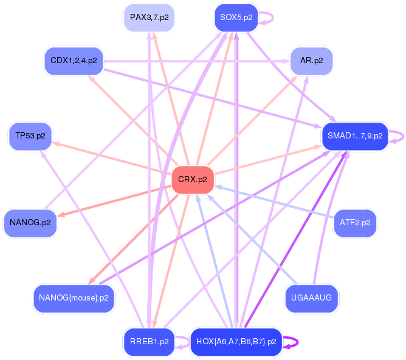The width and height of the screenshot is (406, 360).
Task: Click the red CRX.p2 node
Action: [193, 180]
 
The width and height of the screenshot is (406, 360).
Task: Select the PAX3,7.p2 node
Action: [150, 17]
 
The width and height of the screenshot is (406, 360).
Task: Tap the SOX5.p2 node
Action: [236, 17]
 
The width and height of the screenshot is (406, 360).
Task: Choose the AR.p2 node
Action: [311, 61]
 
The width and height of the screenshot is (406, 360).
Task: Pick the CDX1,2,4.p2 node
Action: [74, 61]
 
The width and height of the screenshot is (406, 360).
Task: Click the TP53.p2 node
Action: [30, 135]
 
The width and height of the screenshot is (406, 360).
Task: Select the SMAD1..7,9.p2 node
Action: [355, 135]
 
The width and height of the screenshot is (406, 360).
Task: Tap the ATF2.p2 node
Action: [356, 223]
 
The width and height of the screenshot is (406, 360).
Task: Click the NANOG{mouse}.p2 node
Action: [74, 298]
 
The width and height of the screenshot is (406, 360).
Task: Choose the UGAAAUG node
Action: [312, 298]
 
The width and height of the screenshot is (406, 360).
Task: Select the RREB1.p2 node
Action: [149, 342]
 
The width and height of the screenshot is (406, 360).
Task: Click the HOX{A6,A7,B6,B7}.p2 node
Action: [236, 342]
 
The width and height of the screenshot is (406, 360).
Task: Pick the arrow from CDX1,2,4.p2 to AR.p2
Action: [194, 61]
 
